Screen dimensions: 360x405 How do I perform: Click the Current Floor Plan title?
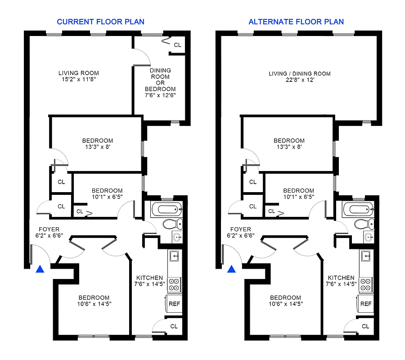[x=100, y=22]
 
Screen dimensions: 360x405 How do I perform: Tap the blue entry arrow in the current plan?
[x=40, y=269]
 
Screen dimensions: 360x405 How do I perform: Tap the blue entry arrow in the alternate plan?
[x=232, y=269]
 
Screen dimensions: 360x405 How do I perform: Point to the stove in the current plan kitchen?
[x=174, y=284]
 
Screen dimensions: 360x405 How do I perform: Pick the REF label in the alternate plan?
[x=366, y=304]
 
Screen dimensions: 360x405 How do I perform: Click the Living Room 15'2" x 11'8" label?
[x=79, y=76]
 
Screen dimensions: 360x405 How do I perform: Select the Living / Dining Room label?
[x=299, y=76]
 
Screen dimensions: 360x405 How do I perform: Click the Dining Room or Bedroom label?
[x=160, y=80]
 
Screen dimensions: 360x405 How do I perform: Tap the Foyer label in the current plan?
[x=49, y=233]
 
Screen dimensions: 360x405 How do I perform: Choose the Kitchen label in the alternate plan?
[x=341, y=281]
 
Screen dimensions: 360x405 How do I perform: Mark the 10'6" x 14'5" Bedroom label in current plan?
[x=94, y=301]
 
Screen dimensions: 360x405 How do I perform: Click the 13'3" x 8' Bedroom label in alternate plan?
[x=289, y=144]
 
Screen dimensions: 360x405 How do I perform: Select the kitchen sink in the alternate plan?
[x=366, y=256]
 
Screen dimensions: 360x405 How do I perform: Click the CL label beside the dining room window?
[x=178, y=45]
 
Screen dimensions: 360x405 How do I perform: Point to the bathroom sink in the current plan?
[x=177, y=237]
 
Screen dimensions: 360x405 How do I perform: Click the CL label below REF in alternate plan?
[x=365, y=326]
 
